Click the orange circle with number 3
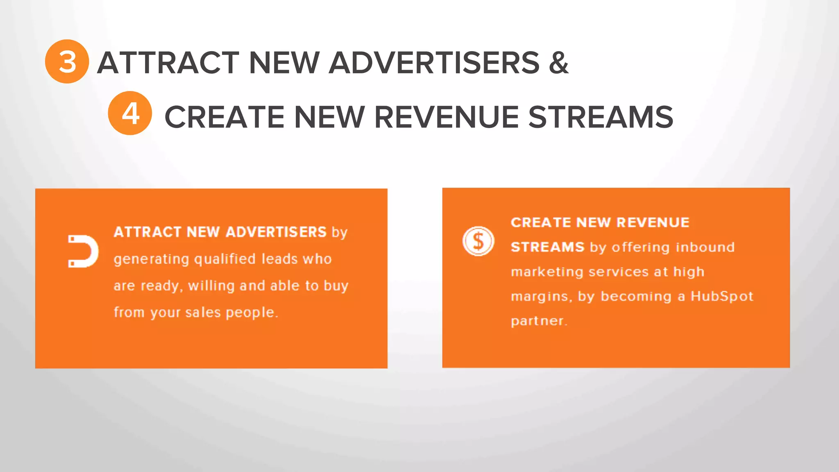click(67, 61)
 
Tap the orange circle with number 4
click(130, 113)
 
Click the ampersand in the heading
click(558, 63)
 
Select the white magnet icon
click(83, 251)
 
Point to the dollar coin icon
click(478, 241)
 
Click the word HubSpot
click(722, 296)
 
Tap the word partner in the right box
click(538, 321)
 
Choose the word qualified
click(224, 259)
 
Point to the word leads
click(279, 259)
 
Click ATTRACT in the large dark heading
click(168, 63)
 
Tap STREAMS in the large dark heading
click(601, 117)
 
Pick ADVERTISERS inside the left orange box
click(276, 232)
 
